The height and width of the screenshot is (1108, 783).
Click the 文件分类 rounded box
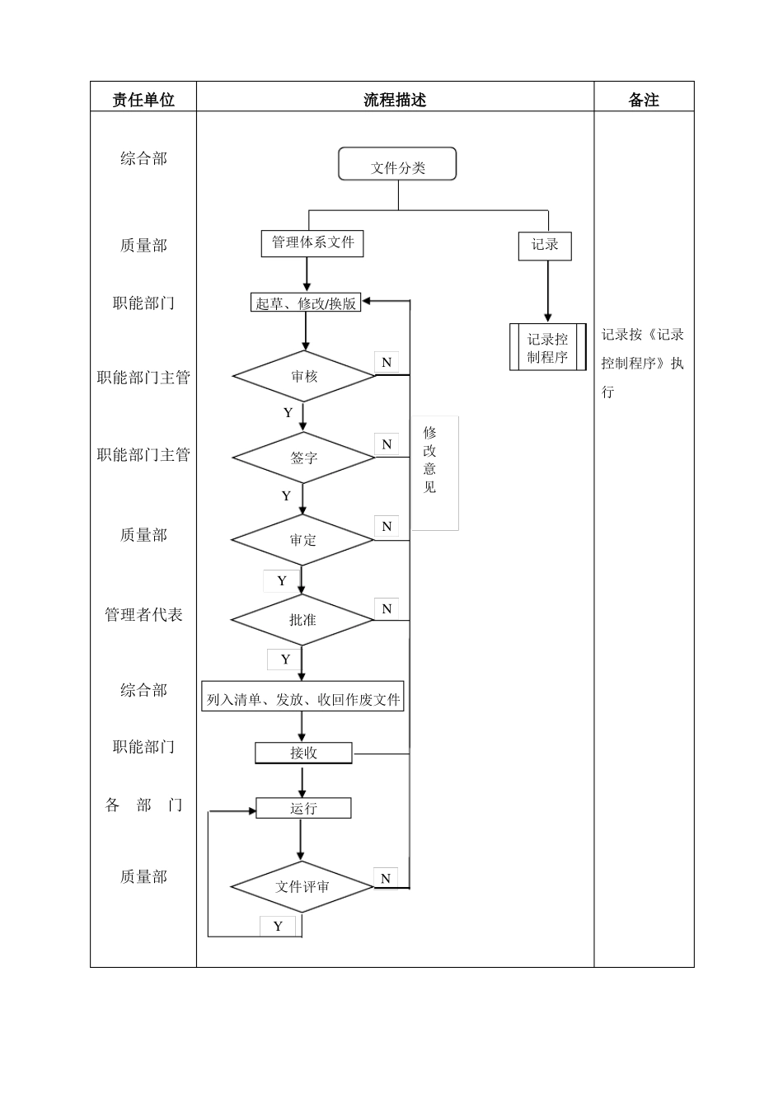click(x=397, y=164)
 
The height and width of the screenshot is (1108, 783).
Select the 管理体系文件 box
click(x=312, y=243)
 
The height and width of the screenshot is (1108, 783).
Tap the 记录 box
click(x=545, y=245)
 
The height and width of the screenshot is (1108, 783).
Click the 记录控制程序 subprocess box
click(x=547, y=347)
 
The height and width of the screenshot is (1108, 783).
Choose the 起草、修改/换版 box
click(x=306, y=303)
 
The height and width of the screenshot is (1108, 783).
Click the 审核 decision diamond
click(x=303, y=376)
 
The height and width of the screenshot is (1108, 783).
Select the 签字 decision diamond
click(x=303, y=457)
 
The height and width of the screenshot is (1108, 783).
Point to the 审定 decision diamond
click(x=302, y=540)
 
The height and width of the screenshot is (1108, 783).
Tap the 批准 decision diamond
click(x=302, y=619)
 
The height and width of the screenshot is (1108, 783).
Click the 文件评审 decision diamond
click(x=302, y=887)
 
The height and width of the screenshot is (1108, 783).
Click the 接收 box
click(x=303, y=753)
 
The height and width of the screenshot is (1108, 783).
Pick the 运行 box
click(x=303, y=808)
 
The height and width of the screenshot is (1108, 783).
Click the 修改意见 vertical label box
click(x=434, y=472)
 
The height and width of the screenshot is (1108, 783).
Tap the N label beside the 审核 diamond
click(x=386, y=362)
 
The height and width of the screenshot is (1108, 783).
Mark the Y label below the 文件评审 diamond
click(x=279, y=926)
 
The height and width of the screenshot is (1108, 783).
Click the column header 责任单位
click(x=143, y=100)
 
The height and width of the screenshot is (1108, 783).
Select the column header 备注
click(x=644, y=100)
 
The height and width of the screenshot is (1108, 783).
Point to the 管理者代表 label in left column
click(x=143, y=614)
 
